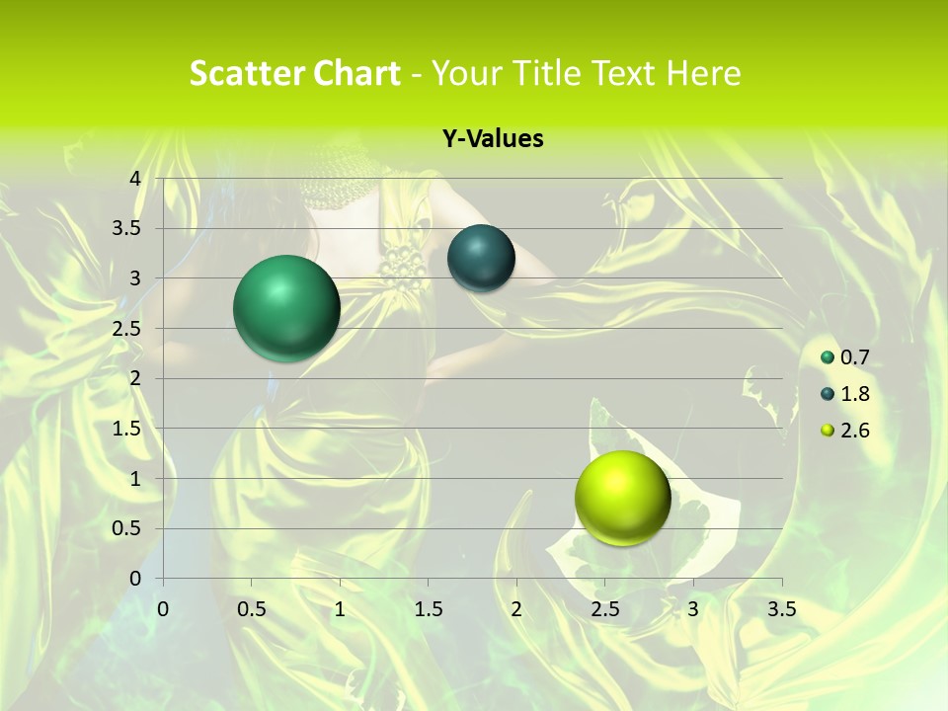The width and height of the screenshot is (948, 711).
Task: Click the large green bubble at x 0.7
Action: point(287,308)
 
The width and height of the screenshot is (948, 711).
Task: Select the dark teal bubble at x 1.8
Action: point(481,259)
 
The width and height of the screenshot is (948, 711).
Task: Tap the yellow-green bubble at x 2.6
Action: point(623,498)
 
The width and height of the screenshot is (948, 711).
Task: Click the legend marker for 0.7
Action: point(828,357)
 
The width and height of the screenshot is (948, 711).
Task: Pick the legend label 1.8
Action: point(854,394)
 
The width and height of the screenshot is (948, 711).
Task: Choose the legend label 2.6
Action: point(854,431)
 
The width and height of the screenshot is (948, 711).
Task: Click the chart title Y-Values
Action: point(492,139)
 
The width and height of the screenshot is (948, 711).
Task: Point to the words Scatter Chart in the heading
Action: point(294,73)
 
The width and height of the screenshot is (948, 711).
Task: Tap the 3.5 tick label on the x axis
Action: point(781,609)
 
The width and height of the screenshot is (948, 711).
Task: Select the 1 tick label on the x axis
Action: point(340,609)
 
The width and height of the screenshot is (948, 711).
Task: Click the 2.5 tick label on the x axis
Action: point(604,609)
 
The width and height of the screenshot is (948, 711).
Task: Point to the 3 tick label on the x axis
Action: point(693,609)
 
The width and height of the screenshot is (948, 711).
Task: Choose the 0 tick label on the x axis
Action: point(164,609)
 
